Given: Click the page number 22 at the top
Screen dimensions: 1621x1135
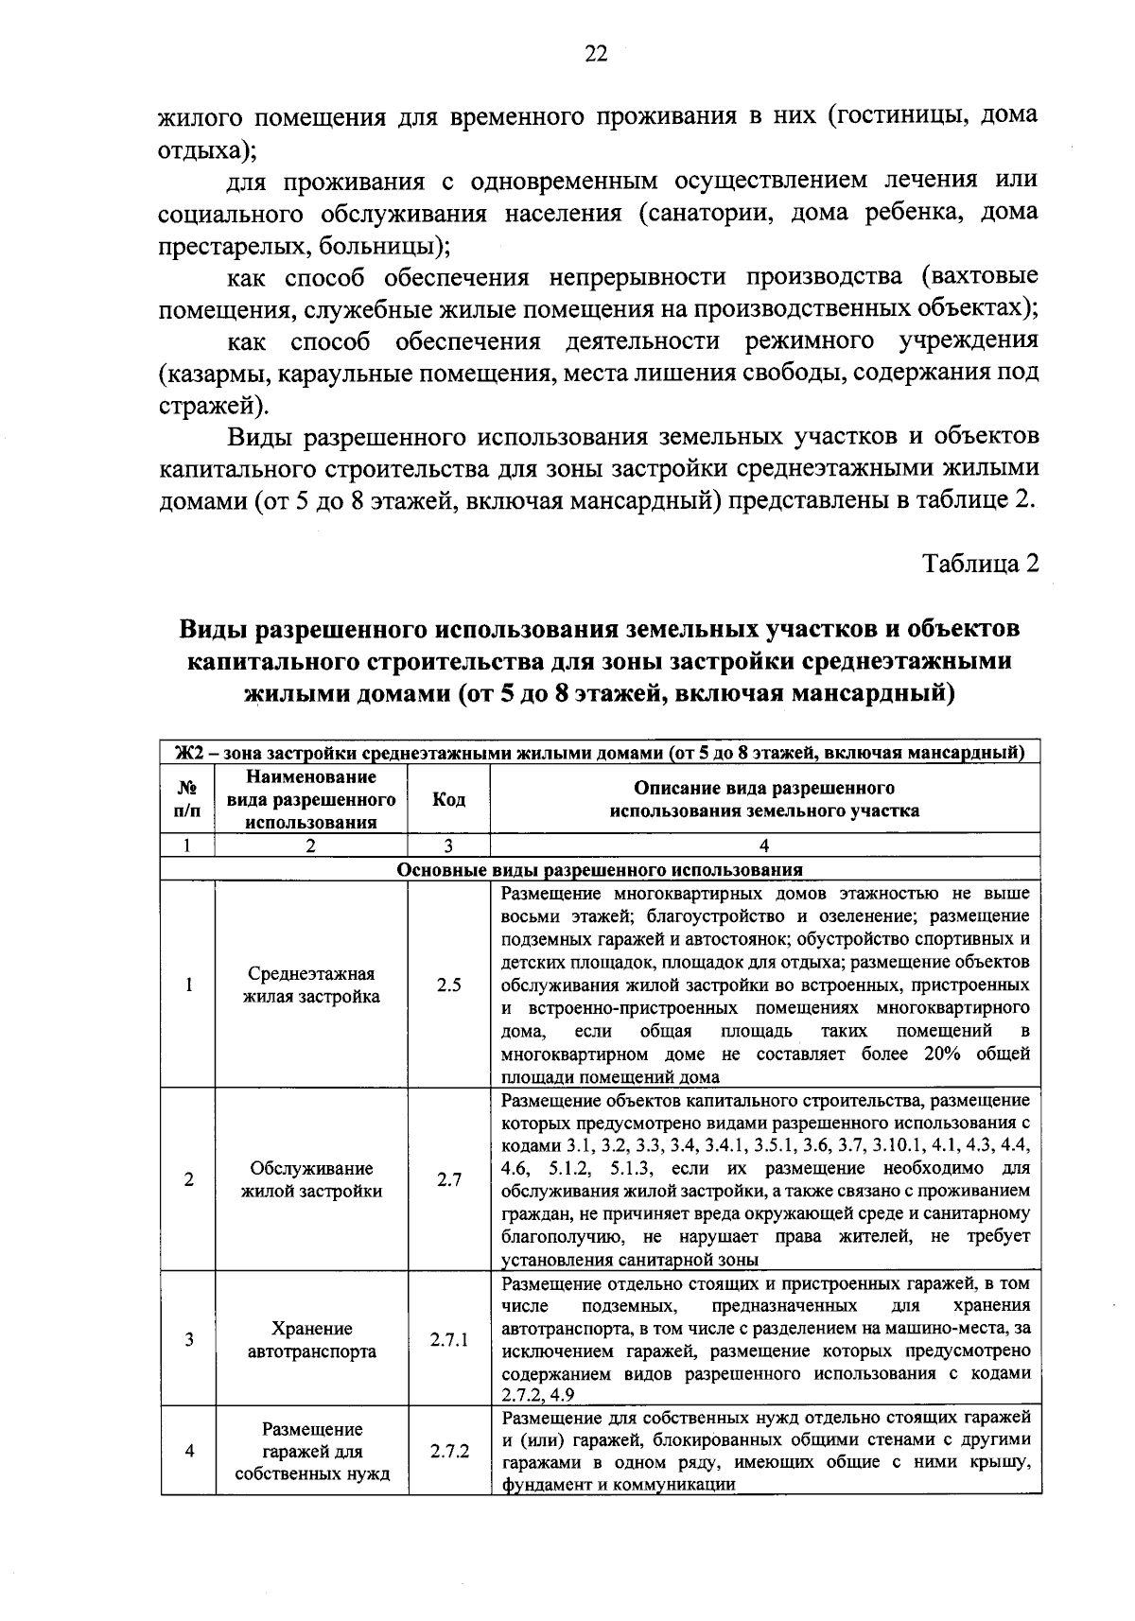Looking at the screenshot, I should [x=595, y=54].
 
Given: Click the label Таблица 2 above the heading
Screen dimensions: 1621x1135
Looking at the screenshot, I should [x=981, y=563].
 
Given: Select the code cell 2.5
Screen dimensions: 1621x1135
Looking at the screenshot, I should [x=448, y=985].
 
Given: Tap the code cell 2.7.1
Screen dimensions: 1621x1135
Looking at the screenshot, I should [x=448, y=1340].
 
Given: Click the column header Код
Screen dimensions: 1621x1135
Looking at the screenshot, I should [x=448, y=800].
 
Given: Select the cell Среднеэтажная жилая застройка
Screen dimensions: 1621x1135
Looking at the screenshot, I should [x=311, y=985].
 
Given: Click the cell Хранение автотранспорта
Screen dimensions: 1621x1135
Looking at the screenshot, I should [x=311, y=1340].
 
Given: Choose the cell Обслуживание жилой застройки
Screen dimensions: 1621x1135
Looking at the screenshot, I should [x=311, y=1179].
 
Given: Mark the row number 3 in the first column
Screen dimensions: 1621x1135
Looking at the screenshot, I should [x=188, y=1340].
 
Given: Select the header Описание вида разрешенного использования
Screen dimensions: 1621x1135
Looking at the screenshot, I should [x=764, y=800].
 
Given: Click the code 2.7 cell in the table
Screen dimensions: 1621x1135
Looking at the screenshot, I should [x=448, y=1179].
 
